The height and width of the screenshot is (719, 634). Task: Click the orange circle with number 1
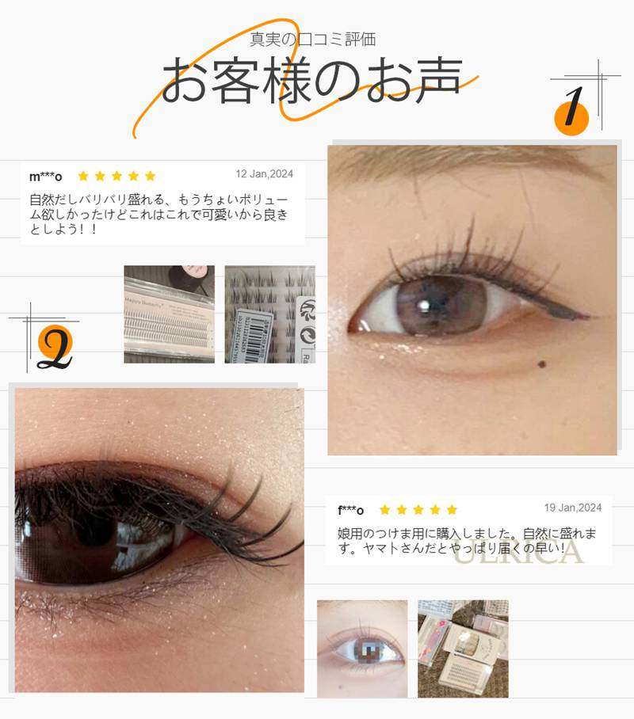tap(572, 115)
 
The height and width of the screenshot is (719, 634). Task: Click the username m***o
tap(45, 176)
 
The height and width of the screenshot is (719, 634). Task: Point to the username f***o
tap(350, 509)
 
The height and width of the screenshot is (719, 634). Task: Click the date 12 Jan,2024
tap(265, 174)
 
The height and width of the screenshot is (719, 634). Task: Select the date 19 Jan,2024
tap(573, 508)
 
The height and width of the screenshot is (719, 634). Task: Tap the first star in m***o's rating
tap(83, 176)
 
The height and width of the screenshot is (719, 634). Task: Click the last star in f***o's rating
tap(452, 509)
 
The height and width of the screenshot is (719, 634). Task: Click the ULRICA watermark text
tap(519, 552)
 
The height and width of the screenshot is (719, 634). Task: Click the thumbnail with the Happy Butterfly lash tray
tap(169, 314)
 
